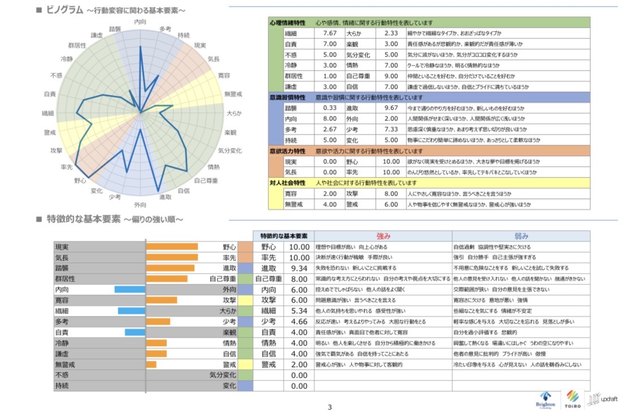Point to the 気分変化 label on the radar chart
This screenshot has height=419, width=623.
230,150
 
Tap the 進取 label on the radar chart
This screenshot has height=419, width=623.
165,197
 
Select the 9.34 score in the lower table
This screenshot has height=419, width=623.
299,268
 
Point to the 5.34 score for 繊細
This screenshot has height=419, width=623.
299,311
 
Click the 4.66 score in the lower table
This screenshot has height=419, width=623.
299,322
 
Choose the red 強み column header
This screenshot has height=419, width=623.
383,236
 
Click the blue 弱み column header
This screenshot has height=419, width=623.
521,236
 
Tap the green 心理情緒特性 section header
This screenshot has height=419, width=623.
287,23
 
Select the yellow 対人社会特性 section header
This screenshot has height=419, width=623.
287,183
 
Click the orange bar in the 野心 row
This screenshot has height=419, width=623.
172,247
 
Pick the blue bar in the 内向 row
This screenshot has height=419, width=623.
130,290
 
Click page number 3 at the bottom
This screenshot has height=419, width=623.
330,407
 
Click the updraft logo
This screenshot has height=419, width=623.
602,399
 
